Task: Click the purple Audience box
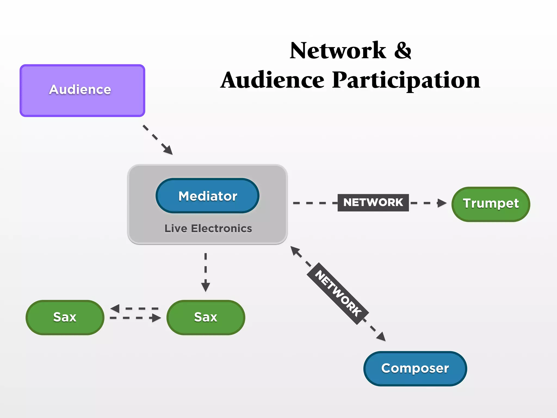82,91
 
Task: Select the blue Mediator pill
208,196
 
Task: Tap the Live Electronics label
208,229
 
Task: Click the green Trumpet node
491,204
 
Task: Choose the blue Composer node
415,368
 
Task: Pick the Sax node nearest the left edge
65,317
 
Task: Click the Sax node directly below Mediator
206,317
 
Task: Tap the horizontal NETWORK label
373,202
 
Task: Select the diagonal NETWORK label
338,294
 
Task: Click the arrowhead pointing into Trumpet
442,203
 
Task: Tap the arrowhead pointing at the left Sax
115,309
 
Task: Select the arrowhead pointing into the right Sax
156,318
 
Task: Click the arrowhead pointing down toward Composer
381,337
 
